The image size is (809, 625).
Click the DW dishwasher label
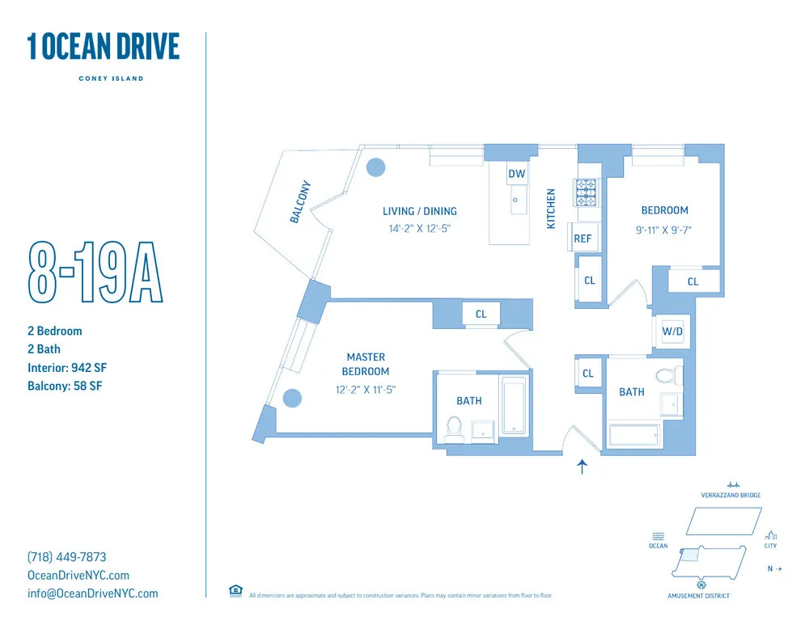[x=516, y=174]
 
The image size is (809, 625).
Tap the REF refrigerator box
[x=582, y=239]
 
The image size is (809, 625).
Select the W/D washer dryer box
[x=672, y=332]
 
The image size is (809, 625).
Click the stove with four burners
[x=586, y=192]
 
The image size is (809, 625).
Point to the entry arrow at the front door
[x=582, y=467]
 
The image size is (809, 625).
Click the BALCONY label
[x=300, y=201]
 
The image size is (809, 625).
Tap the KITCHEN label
[x=552, y=209]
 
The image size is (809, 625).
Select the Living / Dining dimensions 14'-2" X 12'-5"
[x=419, y=229]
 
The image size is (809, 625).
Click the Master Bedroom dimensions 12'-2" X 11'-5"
[x=366, y=390]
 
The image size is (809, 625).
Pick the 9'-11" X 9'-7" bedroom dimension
[x=664, y=230]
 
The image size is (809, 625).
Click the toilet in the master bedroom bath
[x=454, y=428]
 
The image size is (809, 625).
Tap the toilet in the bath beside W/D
[x=667, y=375]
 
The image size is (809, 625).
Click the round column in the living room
[x=376, y=167]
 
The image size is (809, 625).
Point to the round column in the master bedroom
[x=292, y=398]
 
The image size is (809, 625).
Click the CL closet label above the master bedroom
[x=481, y=314]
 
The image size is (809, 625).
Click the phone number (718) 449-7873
[x=67, y=557]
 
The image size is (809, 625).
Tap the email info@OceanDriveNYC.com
[x=93, y=593]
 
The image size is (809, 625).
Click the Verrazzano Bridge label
[x=731, y=495]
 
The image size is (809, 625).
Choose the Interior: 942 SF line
[x=67, y=368]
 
